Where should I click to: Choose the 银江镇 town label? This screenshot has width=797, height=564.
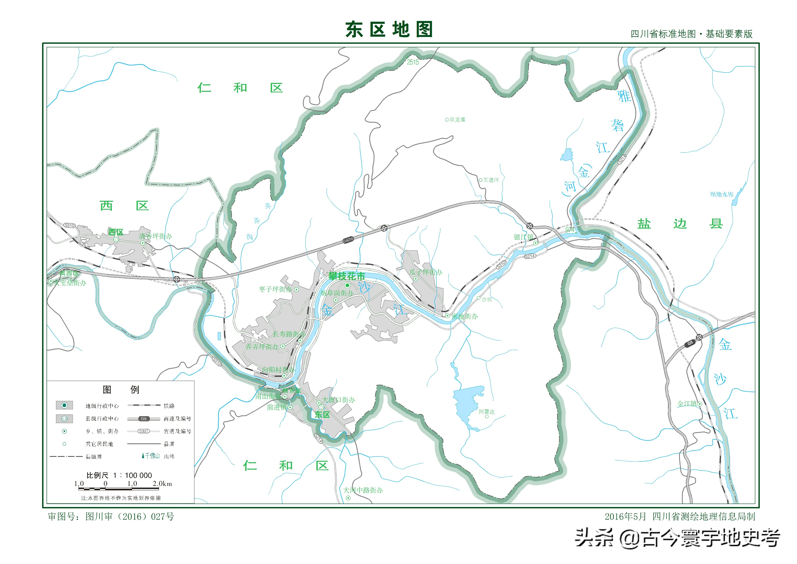point(523,237)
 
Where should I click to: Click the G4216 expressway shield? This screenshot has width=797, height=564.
point(348,240)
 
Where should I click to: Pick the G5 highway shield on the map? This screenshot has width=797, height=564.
point(690,343)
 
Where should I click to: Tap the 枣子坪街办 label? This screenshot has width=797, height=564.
point(275,289)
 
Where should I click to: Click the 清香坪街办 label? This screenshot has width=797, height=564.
point(155,236)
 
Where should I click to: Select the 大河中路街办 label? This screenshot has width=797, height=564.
point(363,490)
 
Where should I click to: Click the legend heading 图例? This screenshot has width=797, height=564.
point(121,390)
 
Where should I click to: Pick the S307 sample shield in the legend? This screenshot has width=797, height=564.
point(144,431)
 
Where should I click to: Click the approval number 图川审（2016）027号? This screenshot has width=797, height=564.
point(130,517)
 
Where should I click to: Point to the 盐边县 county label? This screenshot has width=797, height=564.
point(680,224)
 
